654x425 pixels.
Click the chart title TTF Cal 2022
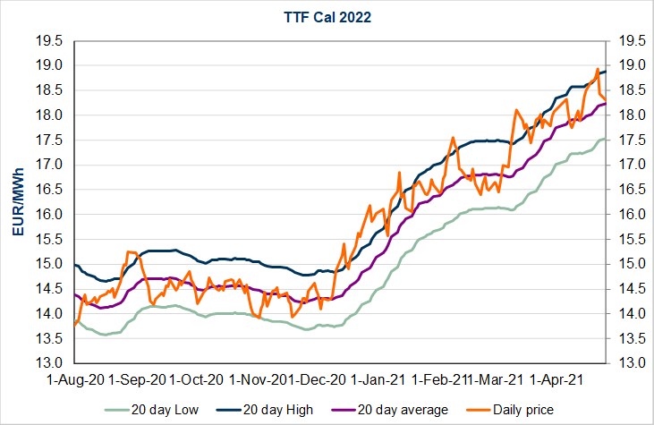(327, 17)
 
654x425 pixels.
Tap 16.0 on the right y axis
(627, 214)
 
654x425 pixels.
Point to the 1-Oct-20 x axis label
(199, 379)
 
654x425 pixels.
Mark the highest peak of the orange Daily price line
(598, 69)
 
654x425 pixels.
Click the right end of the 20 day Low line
(606, 139)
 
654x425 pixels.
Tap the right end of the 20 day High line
(606, 72)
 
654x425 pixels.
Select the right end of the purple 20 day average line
(606, 104)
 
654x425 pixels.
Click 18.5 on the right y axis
(627, 90)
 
